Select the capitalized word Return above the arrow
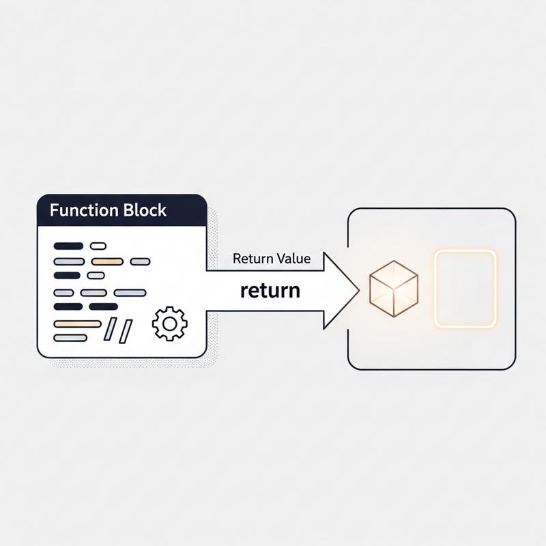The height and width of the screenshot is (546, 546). point(253,259)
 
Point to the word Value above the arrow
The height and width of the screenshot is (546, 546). point(293,259)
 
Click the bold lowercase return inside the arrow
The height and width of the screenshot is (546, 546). point(270,290)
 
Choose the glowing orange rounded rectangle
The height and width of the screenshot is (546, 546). point(464,287)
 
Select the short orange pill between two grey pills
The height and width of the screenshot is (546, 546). point(106,261)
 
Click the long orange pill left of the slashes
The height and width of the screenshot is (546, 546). point(76,324)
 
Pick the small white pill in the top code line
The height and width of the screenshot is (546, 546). point(98,246)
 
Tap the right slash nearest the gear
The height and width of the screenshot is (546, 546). point(126,330)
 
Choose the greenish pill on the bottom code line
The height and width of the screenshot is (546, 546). point(70,337)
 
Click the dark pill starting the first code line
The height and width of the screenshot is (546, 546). point(68,246)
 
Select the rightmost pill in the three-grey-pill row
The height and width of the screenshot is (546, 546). point(130,293)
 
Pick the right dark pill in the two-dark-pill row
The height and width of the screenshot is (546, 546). point(103,306)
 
